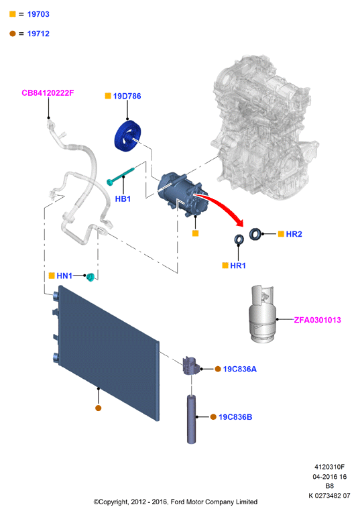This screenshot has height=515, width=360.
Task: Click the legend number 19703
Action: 38,14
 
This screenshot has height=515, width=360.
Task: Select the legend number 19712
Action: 38,34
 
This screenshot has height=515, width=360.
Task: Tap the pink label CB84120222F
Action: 48,93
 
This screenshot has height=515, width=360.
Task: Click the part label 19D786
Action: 127,96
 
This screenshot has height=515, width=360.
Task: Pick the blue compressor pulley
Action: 127,136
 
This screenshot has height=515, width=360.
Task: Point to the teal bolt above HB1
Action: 121,176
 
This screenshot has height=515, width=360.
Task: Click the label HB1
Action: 123,198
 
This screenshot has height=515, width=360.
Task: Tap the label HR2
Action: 294,234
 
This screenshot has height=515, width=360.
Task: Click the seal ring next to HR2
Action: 255,234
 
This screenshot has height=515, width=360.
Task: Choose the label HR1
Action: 238,266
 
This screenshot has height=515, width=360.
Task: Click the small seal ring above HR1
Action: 239,239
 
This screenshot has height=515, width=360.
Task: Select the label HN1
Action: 64,276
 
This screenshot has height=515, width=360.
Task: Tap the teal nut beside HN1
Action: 91,277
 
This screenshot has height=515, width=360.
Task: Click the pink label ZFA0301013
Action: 317,320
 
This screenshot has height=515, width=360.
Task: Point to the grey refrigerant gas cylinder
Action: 262,314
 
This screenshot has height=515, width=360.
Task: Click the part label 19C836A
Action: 240,369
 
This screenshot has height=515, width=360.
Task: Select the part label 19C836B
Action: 235,417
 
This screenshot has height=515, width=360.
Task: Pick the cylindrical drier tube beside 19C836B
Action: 192,419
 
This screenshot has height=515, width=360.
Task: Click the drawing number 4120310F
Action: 329,467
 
